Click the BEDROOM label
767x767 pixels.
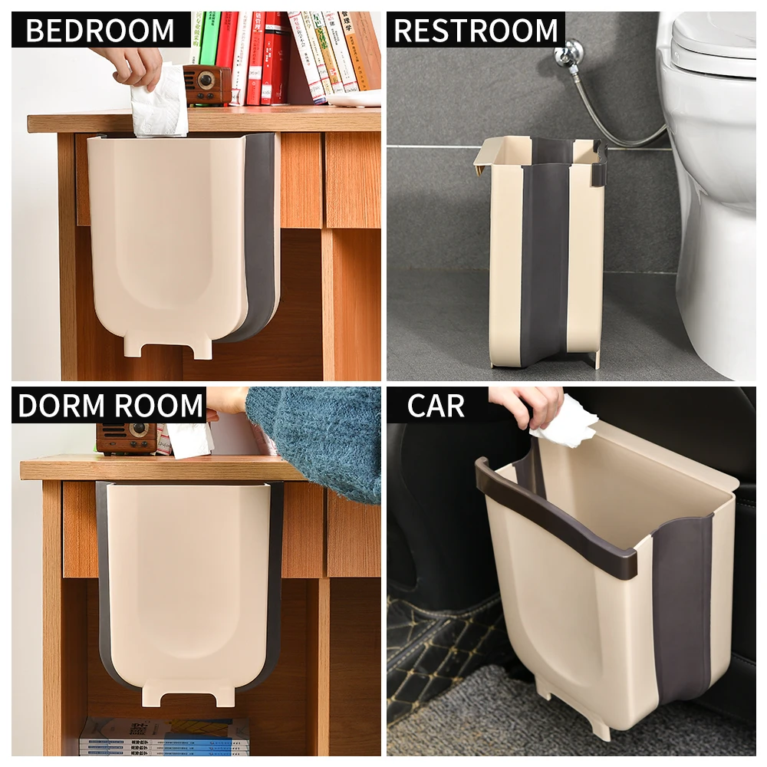100,31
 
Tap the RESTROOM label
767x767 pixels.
476,31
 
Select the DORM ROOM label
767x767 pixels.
111,406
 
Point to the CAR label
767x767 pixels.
436,406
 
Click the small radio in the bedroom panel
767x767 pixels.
207,84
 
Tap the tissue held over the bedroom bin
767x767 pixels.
160,104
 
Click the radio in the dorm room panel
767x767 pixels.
127,438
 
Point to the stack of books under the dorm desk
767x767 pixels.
165,736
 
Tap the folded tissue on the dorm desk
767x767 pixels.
188,440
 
